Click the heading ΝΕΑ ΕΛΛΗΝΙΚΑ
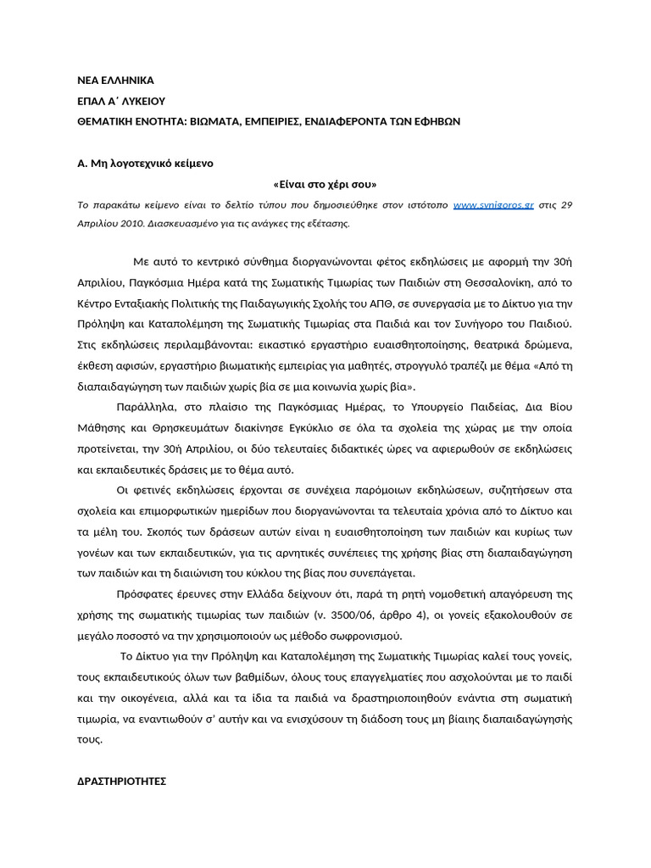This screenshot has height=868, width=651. pyautogui.click(x=115, y=81)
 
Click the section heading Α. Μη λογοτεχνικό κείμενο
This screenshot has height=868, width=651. pyautogui.click(x=145, y=163)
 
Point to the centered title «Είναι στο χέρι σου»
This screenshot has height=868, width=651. pyautogui.click(x=325, y=184)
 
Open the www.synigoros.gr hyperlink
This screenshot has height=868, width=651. pyautogui.click(x=493, y=205)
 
